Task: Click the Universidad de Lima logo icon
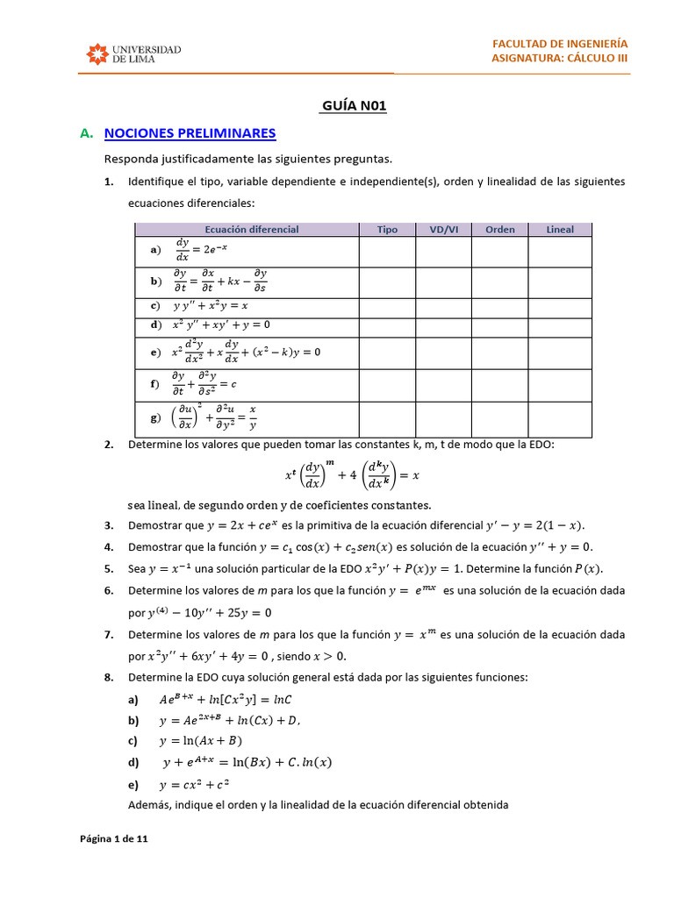(x=97, y=54)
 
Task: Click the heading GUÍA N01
(x=355, y=106)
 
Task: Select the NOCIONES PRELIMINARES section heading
(x=190, y=133)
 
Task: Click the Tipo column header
(x=387, y=230)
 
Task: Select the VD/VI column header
(x=443, y=230)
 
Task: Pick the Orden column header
(x=499, y=230)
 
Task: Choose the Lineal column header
(x=560, y=230)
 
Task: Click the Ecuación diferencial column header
(x=251, y=230)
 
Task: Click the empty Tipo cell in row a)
(x=387, y=252)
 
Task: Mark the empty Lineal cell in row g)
(x=560, y=418)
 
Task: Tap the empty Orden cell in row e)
(x=499, y=352)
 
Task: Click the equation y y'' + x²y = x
(x=210, y=306)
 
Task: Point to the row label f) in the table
(x=155, y=384)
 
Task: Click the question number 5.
(x=108, y=568)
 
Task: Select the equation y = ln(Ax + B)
(x=200, y=740)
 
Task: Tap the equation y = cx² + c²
(x=194, y=784)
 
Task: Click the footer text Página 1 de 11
(x=114, y=839)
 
